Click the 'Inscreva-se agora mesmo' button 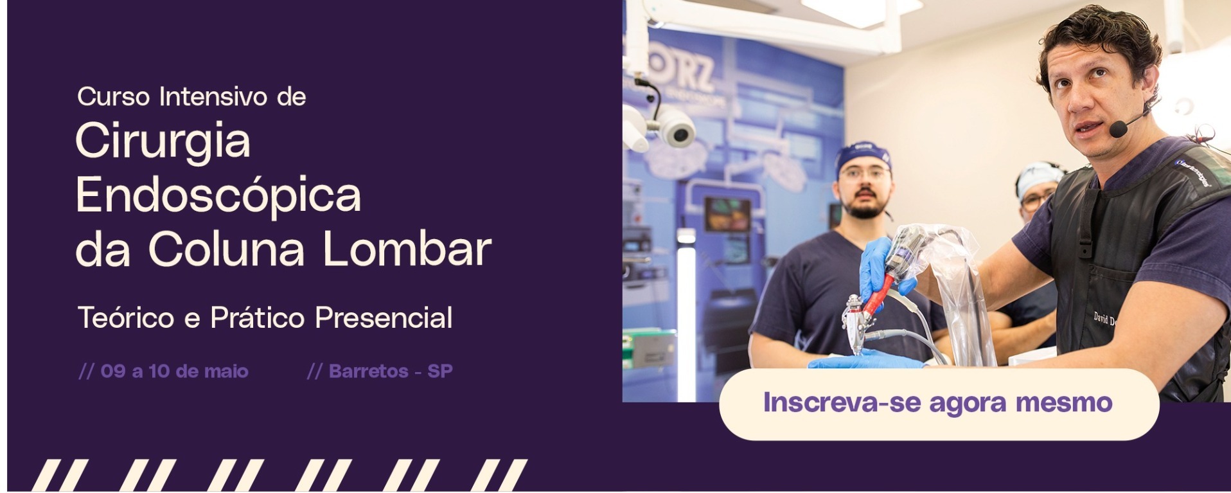point(939,404)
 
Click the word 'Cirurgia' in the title point(163,141)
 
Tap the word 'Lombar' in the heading point(407,249)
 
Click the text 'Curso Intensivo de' point(191,97)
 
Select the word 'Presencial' point(384,318)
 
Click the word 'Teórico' point(126,318)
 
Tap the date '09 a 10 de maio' point(174,372)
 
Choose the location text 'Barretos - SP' point(391,372)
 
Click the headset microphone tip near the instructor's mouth point(1118,129)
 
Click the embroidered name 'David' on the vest point(1101,318)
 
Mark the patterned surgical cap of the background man point(1037,175)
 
